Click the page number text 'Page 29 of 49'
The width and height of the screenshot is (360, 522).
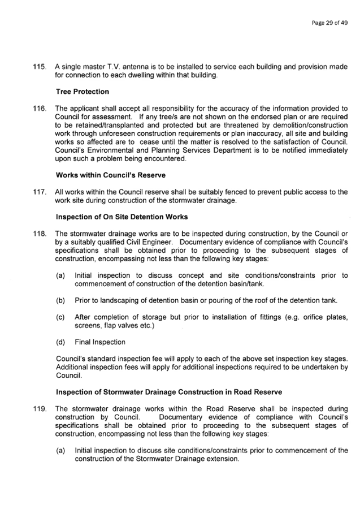[329, 23]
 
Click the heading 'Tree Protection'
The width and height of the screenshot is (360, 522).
[83, 92]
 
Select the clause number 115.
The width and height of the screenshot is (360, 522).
[39, 67]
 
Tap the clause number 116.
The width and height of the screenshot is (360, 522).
[39, 109]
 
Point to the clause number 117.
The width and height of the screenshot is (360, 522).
[39, 192]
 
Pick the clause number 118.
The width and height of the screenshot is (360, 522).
[39, 234]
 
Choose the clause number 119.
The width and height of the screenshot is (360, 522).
[39, 409]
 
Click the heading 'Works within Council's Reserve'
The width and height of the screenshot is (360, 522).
[111, 175]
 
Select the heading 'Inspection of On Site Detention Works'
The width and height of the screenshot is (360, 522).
[122, 217]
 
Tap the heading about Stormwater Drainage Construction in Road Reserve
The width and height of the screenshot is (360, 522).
[169, 392]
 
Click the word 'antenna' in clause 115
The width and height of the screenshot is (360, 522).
[135, 67]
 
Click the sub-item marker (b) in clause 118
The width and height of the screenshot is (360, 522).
[60, 301]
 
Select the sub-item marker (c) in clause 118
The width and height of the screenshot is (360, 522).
[60, 317]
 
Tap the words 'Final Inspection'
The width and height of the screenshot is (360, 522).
[100, 342]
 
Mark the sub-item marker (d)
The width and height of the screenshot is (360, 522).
[60, 342]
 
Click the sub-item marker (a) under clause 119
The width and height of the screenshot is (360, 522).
[60, 451]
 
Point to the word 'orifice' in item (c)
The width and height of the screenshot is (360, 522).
[313, 317]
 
